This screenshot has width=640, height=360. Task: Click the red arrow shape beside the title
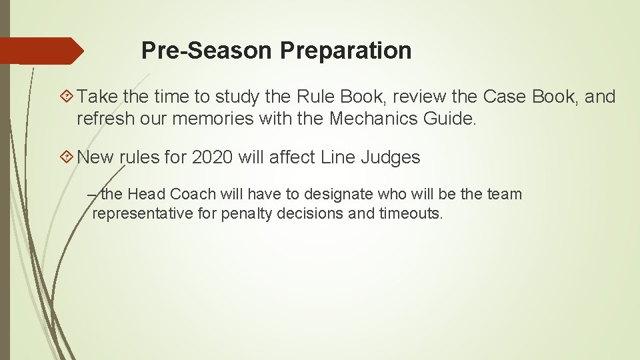pyautogui.click(x=42, y=51)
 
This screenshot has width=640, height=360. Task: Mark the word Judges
pyautogui.click(x=390, y=157)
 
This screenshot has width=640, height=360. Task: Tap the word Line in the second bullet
pyautogui.click(x=338, y=157)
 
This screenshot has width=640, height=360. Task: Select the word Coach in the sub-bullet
pyautogui.click(x=193, y=194)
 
